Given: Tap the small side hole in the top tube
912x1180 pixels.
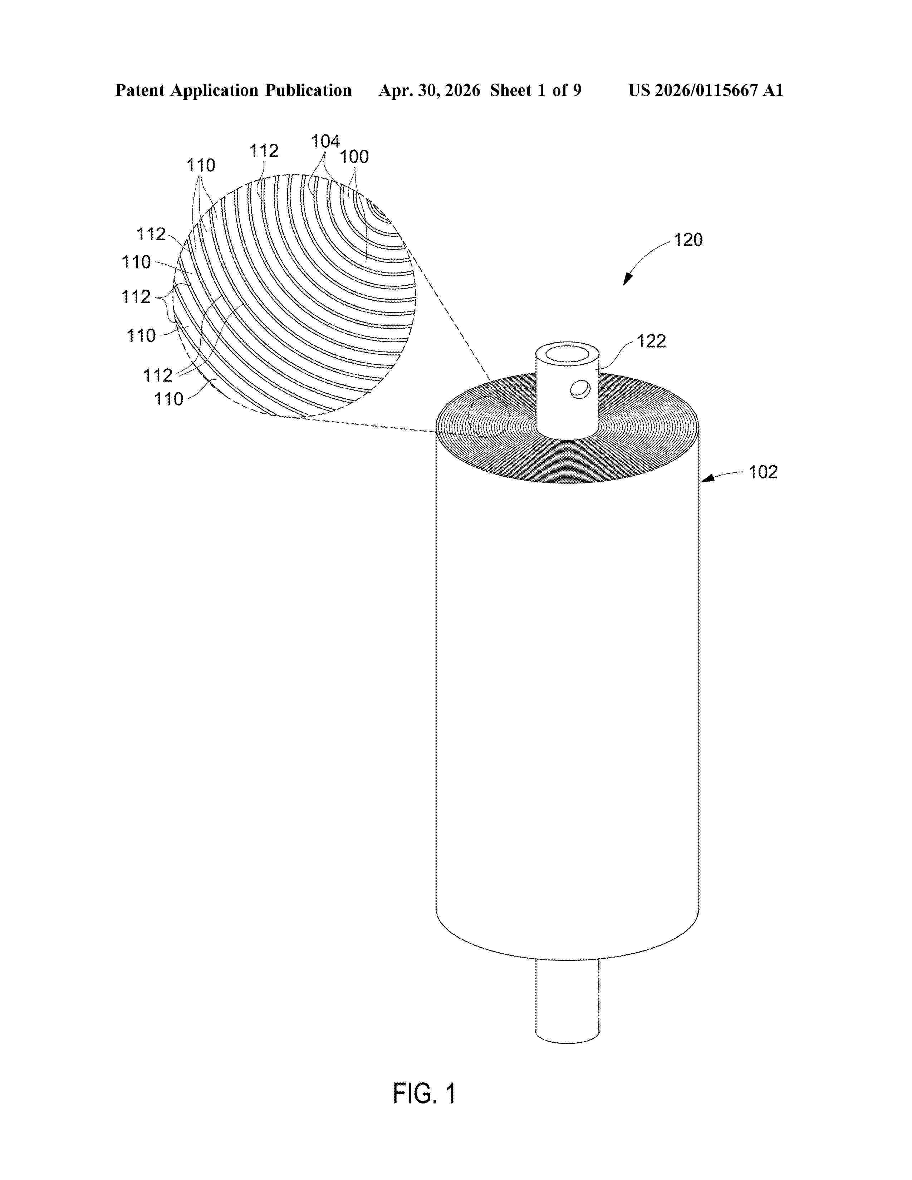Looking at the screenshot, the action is [x=580, y=389].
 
